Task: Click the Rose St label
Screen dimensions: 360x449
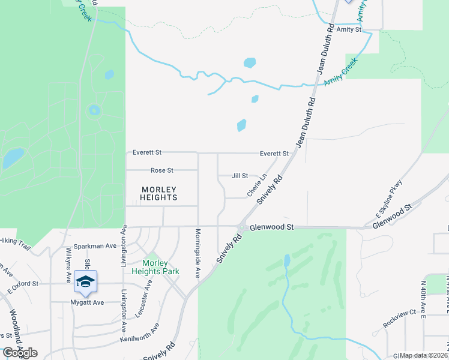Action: [161, 170]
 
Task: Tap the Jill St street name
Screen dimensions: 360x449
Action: [240, 176]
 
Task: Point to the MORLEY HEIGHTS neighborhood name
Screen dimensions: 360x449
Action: [159, 193]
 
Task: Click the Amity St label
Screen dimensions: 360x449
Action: [349, 29]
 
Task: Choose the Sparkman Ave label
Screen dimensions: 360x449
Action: [99, 246]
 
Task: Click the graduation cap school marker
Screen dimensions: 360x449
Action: [86, 280]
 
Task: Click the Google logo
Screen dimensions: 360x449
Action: [20, 353]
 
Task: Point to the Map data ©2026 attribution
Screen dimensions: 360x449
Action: [423, 355]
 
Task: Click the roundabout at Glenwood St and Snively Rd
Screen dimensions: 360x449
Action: [241, 228]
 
